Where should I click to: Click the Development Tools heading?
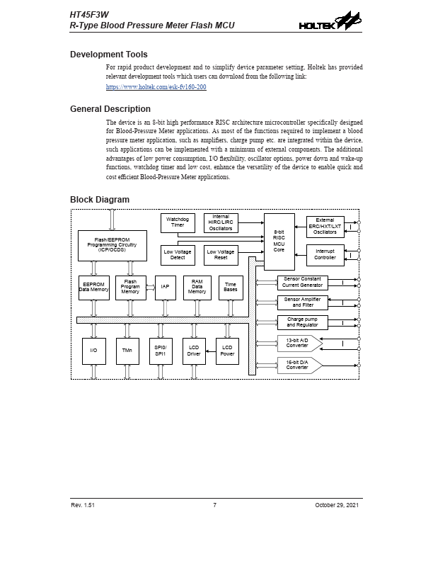click(109, 55)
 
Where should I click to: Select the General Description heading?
click(110, 109)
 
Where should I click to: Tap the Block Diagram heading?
click(100, 200)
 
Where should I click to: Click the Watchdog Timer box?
click(178, 222)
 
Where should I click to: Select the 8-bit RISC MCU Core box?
click(279, 241)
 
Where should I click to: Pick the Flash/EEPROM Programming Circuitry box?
click(112, 245)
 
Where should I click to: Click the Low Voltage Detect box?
click(178, 254)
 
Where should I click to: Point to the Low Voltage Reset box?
click(221, 254)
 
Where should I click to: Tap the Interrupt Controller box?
click(325, 254)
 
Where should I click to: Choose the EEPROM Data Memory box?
click(93, 287)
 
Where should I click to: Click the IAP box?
click(165, 287)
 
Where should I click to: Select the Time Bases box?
click(231, 287)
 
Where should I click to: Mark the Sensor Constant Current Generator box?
click(302, 282)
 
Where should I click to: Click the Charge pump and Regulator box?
click(302, 322)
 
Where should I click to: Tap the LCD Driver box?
click(194, 350)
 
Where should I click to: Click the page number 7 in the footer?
click(214, 504)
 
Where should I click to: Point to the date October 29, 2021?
click(337, 504)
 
